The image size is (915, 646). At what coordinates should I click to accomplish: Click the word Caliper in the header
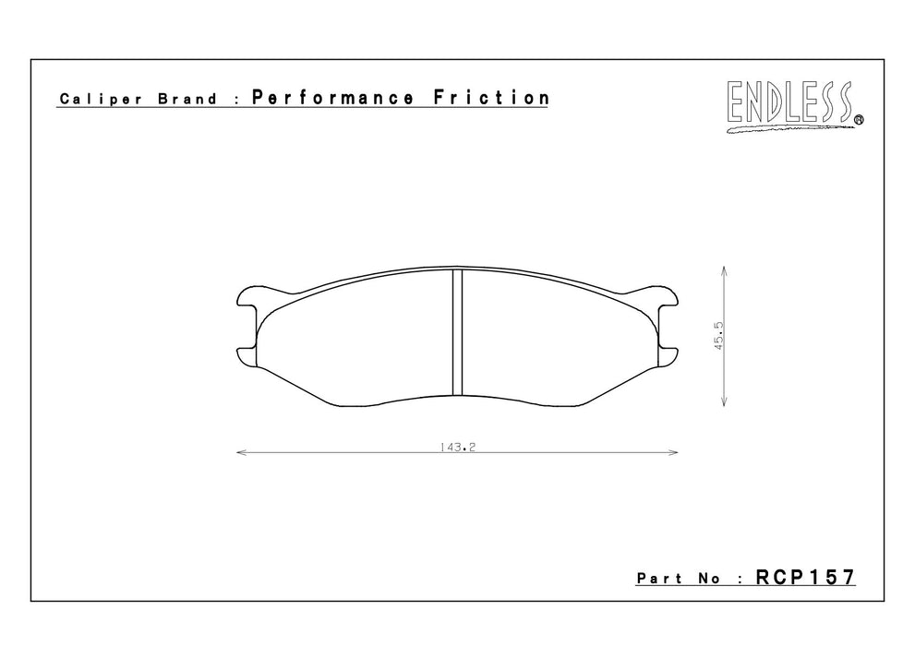101,99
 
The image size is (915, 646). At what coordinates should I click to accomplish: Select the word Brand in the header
187,99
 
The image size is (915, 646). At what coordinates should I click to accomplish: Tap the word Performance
332,98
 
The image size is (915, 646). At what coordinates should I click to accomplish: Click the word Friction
491,98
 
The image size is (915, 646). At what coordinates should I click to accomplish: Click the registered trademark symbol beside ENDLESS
859,120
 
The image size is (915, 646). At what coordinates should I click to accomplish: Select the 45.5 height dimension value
719,336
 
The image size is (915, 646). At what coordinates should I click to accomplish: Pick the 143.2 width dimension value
458,448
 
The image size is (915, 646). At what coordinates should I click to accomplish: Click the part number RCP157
805,577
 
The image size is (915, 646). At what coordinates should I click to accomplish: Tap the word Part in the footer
659,579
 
